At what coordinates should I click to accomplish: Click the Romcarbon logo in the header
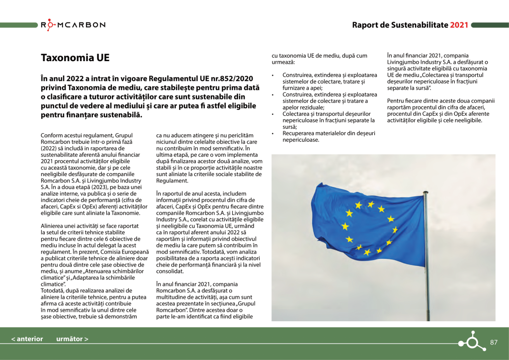73,25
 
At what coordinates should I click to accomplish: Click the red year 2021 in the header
459,25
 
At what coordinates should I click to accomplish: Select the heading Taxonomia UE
75,58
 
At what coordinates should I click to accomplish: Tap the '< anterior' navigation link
27,339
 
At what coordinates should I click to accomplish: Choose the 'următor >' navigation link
72,339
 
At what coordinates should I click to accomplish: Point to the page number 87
494,342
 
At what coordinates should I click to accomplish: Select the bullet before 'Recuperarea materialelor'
273,133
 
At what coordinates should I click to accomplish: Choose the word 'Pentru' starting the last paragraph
397,101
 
